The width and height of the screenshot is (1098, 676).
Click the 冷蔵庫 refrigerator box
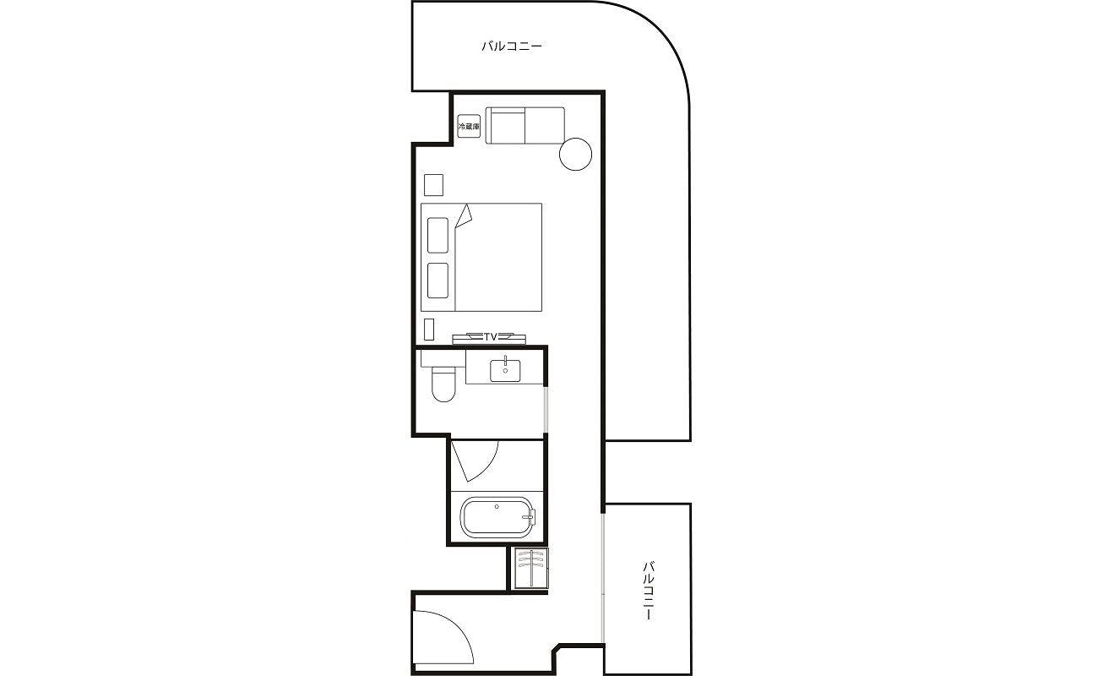(x=469, y=127)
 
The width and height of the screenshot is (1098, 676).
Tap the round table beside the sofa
(x=575, y=154)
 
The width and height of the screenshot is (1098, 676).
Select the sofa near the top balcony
(x=525, y=126)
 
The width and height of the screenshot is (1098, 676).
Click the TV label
(x=491, y=337)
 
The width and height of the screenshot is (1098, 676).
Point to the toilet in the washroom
(x=443, y=384)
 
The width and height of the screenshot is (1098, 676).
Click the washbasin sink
(x=505, y=371)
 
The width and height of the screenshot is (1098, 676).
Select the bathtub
(x=496, y=517)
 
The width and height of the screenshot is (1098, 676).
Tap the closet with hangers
(x=531, y=568)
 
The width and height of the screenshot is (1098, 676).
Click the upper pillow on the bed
(x=438, y=236)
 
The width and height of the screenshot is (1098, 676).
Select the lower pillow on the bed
(x=438, y=281)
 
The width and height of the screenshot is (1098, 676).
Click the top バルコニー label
(x=512, y=46)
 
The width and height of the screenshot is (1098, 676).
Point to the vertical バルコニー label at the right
(x=649, y=591)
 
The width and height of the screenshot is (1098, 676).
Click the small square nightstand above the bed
(x=434, y=185)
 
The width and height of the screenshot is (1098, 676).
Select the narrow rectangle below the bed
(x=429, y=330)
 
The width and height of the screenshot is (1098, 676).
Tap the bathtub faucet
(x=529, y=516)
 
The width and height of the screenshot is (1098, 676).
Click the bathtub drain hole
(x=497, y=506)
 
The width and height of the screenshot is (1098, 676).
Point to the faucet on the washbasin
(x=505, y=361)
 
